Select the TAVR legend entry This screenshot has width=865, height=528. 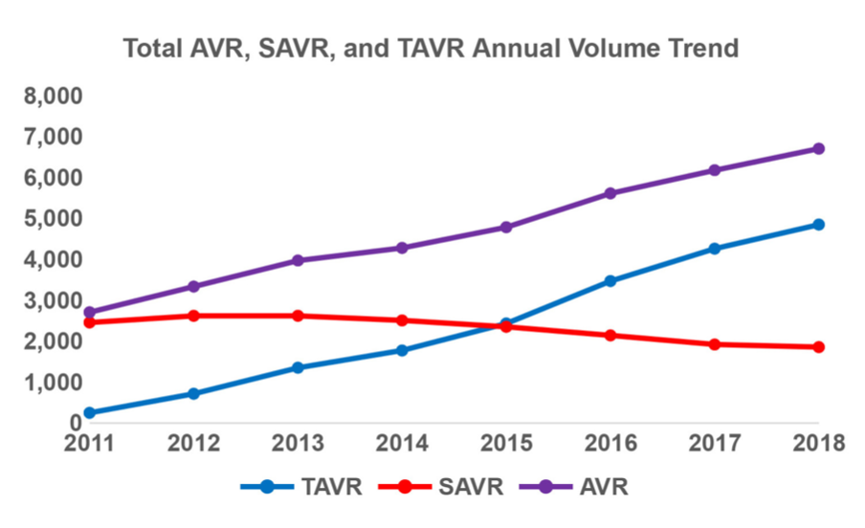pyautogui.click(x=301, y=487)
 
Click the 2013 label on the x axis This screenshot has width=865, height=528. pyautogui.click(x=298, y=443)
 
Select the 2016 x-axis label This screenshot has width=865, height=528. pyautogui.click(x=610, y=443)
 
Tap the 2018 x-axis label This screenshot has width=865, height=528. pyautogui.click(x=818, y=443)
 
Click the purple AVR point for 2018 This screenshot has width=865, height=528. pyautogui.click(x=818, y=149)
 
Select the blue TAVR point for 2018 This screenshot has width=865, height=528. pyautogui.click(x=818, y=225)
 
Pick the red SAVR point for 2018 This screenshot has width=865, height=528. pyautogui.click(x=818, y=347)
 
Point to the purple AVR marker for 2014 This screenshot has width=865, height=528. pyautogui.click(x=402, y=248)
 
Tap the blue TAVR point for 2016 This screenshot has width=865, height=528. pyautogui.click(x=610, y=281)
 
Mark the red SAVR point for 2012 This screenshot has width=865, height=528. pyautogui.click(x=193, y=316)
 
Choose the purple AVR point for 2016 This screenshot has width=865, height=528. pyautogui.click(x=610, y=193)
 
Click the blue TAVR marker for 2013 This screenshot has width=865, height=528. pyautogui.click(x=298, y=367)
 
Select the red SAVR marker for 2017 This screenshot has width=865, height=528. pyautogui.click(x=715, y=344)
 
